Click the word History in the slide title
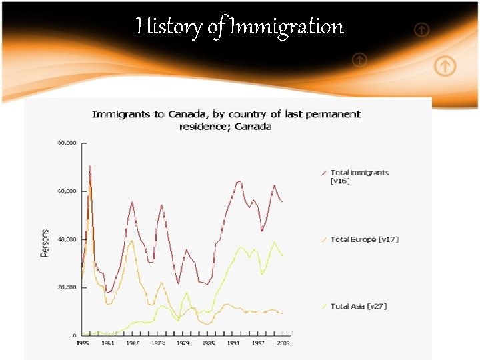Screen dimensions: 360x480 (159, 27)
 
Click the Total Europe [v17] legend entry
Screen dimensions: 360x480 (364, 239)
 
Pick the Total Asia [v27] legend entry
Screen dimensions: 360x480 (358, 306)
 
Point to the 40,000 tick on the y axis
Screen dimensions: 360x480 (67, 239)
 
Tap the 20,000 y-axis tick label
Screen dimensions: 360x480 (67, 287)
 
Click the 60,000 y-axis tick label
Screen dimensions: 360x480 (67, 191)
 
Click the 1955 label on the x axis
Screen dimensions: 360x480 (83, 343)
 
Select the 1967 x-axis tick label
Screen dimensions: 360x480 (132, 343)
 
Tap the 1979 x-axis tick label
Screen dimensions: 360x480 (182, 343)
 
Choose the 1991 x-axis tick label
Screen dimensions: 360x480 (233, 343)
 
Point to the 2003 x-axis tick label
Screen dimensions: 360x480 (282, 343)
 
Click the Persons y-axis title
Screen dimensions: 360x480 (45, 243)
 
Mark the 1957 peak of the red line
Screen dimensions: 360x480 (90, 166)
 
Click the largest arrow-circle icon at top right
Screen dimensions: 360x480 (445, 66)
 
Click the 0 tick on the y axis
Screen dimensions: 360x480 (74, 335)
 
